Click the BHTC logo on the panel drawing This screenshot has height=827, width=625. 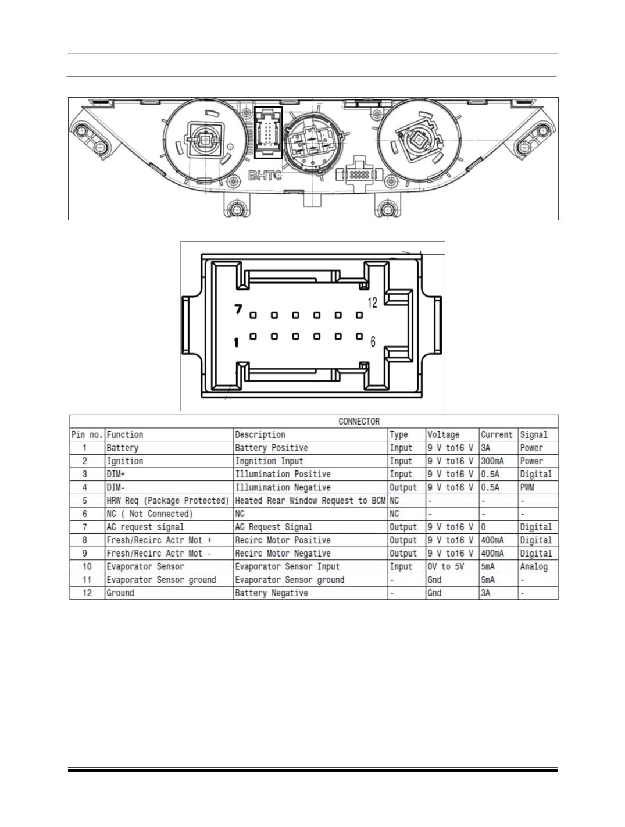click(x=265, y=176)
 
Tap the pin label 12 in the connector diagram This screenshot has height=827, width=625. click(x=372, y=302)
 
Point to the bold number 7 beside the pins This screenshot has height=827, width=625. click(x=238, y=309)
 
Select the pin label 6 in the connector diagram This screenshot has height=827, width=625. click(x=373, y=341)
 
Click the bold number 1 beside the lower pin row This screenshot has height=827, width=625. click(x=236, y=343)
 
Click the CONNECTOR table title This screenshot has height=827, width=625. click(x=359, y=421)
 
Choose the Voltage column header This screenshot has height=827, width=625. click(x=443, y=434)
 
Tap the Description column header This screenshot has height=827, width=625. click(x=260, y=434)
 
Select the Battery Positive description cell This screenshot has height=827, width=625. click(x=271, y=448)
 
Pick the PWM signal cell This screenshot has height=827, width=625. click(x=527, y=487)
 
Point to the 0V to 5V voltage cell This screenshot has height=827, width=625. click(x=445, y=566)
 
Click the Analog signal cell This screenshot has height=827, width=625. click(x=534, y=566)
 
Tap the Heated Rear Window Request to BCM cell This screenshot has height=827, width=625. click(x=310, y=500)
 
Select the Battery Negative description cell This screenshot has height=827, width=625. click(x=271, y=593)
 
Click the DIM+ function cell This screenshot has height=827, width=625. click(x=115, y=474)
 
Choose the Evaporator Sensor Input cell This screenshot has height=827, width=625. click(x=287, y=566)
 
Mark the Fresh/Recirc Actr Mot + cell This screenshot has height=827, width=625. click(x=159, y=540)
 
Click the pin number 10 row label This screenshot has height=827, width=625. click(x=87, y=566)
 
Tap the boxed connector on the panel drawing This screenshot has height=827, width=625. click(x=268, y=133)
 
